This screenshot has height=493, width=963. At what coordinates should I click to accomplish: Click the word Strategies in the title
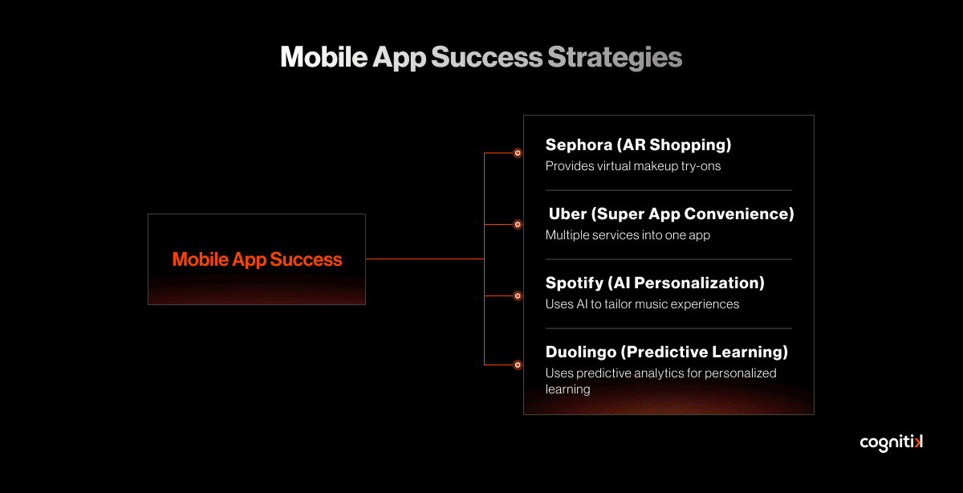click(x=615, y=57)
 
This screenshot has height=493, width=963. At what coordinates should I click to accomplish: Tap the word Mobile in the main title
click(x=323, y=57)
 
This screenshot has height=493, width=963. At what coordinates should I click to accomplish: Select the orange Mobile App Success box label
click(x=257, y=259)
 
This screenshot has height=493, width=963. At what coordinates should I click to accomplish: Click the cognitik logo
click(x=892, y=442)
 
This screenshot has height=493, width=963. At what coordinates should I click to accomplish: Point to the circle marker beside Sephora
click(x=518, y=153)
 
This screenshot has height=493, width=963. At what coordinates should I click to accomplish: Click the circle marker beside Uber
click(x=518, y=225)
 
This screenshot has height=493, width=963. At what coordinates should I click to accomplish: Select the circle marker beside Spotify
click(x=518, y=296)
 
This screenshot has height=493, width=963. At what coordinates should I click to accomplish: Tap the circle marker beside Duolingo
click(x=518, y=365)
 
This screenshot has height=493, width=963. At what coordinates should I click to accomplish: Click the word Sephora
click(x=579, y=145)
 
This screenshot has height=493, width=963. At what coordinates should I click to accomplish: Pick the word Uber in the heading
click(x=567, y=214)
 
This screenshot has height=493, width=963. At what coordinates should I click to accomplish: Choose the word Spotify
click(x=575, y=283)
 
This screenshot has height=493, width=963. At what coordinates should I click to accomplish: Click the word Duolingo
click(x=581, y=352)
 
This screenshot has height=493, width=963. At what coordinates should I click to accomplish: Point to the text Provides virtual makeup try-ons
click(x=633, y=166)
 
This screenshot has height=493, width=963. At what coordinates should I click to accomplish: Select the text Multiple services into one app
click(x=628, y=235)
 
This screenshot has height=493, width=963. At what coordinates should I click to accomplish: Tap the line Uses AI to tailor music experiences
click(x=642, y=304)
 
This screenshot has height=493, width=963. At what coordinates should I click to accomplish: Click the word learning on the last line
click(x=567, y=389)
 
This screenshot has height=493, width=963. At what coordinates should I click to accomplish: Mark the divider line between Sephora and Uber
click(x=668, y=190)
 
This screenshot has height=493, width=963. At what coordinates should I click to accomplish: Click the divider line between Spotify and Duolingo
click(x=668, y=328)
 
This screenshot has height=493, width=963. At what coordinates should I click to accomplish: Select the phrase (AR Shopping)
click(x=673, y=145)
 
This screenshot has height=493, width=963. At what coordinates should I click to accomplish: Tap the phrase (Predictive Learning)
click(x=705, y=352)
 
